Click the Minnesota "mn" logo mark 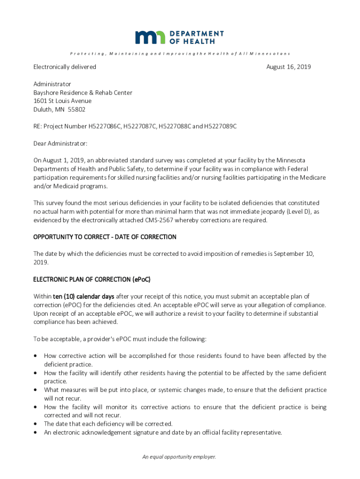pyautogui.click(x=150, y=37)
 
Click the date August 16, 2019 pyautogui.click(x=288, y=67)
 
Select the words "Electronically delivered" pyautogui.click(x=65, y=67)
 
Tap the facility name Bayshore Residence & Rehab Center pyautogui.click(x=83, y=93)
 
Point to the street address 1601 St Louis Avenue pyautogui.click(x=62, y=101)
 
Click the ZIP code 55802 pyautogui.click(x=77, y=109)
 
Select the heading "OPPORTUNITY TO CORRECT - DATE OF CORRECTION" pyautogui.click(x=105, y=237)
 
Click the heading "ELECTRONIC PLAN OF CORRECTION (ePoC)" pyautogui.click(x=92, y=279)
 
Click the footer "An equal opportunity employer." pyautogui.click(x=180, y=457)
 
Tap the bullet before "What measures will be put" pyautogui.click(x=36, y=390)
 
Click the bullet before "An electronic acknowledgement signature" pyautogui.click(x=36, y=432)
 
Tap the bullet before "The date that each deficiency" pyautogui.click(x=36, y=424)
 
